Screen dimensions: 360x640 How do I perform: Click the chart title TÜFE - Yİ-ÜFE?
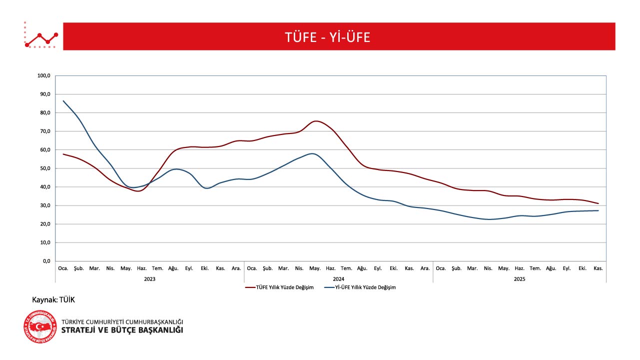tap(327, 37)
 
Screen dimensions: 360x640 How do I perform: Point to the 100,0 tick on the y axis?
tap(44, 76)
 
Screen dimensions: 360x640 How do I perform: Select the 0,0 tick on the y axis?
tap(46, 261)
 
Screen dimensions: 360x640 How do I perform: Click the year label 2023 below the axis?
tap(149, 279)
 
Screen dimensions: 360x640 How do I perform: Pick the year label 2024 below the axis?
tap(338, 279)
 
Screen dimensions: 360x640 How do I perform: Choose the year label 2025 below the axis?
tap(520, 279)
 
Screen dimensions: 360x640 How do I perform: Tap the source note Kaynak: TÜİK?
tap(53, 299)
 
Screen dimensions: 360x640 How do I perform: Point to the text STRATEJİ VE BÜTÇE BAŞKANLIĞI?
tap(122, 330)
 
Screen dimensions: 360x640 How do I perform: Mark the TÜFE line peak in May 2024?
tap(316, 121)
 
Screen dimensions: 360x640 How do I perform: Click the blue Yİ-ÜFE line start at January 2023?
tap(63, 101)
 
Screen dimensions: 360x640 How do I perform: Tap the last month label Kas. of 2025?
tap(598, 268)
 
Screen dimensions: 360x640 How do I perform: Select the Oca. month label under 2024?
tap(252, 268)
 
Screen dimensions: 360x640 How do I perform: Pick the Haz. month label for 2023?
tap(142, 268)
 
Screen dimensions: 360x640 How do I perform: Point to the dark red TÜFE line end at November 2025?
tap(598, 203)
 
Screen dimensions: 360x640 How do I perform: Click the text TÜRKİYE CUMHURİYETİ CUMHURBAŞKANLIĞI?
tap(122, 321)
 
